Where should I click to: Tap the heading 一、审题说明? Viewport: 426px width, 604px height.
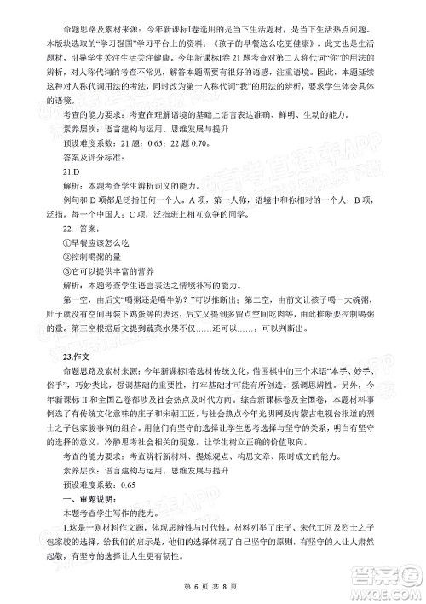tap(78, 497)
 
